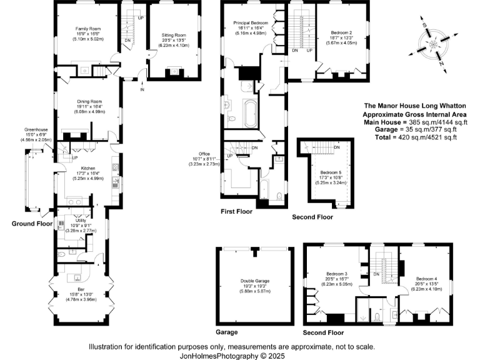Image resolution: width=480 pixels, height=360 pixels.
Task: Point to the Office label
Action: tap(205, 154)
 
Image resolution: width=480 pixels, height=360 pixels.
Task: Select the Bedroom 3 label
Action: tap(337, 274)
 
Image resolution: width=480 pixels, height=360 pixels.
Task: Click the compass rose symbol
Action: tap(433, 44)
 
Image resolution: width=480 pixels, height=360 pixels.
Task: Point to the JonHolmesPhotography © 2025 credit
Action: tap(232, 354)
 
